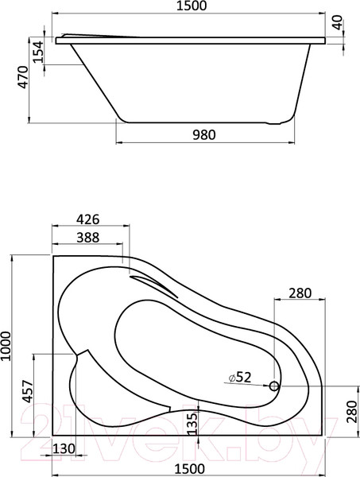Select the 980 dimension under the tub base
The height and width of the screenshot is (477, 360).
pyautogui.click(x=204, y=134)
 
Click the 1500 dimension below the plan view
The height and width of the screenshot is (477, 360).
pyautogui.click(x=190, y=468)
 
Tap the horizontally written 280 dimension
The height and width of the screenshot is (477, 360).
pyautogui.click(x=300, y=293)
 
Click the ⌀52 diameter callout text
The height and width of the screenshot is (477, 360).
pyautogui.click(x=239, y=377)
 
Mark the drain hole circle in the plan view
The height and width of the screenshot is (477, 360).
pyautogui.click(x=274, y=386)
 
